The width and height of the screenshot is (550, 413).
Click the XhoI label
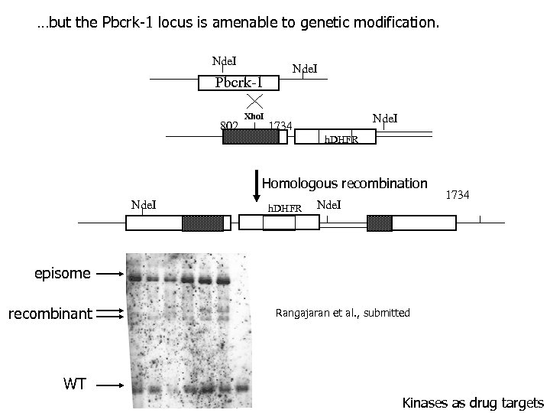pyautogui.click(x=254, y=116)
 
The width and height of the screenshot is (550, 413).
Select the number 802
pyautogui.click(x=228, y=125)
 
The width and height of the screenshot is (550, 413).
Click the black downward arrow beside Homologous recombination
pyautogui.click(x=256, y=186)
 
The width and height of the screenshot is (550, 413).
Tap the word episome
pyautogui.click(x=63, y=272)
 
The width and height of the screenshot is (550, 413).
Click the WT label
pyautogui.click(x=75, y=385)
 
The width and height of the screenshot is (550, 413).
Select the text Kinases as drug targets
pyautogui.click(x=473, y=402)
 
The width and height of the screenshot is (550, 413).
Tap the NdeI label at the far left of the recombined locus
pyautogui.click(x=144, y=204)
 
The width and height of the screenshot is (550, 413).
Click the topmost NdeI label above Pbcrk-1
pyautogui.click(x=225, y=60)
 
